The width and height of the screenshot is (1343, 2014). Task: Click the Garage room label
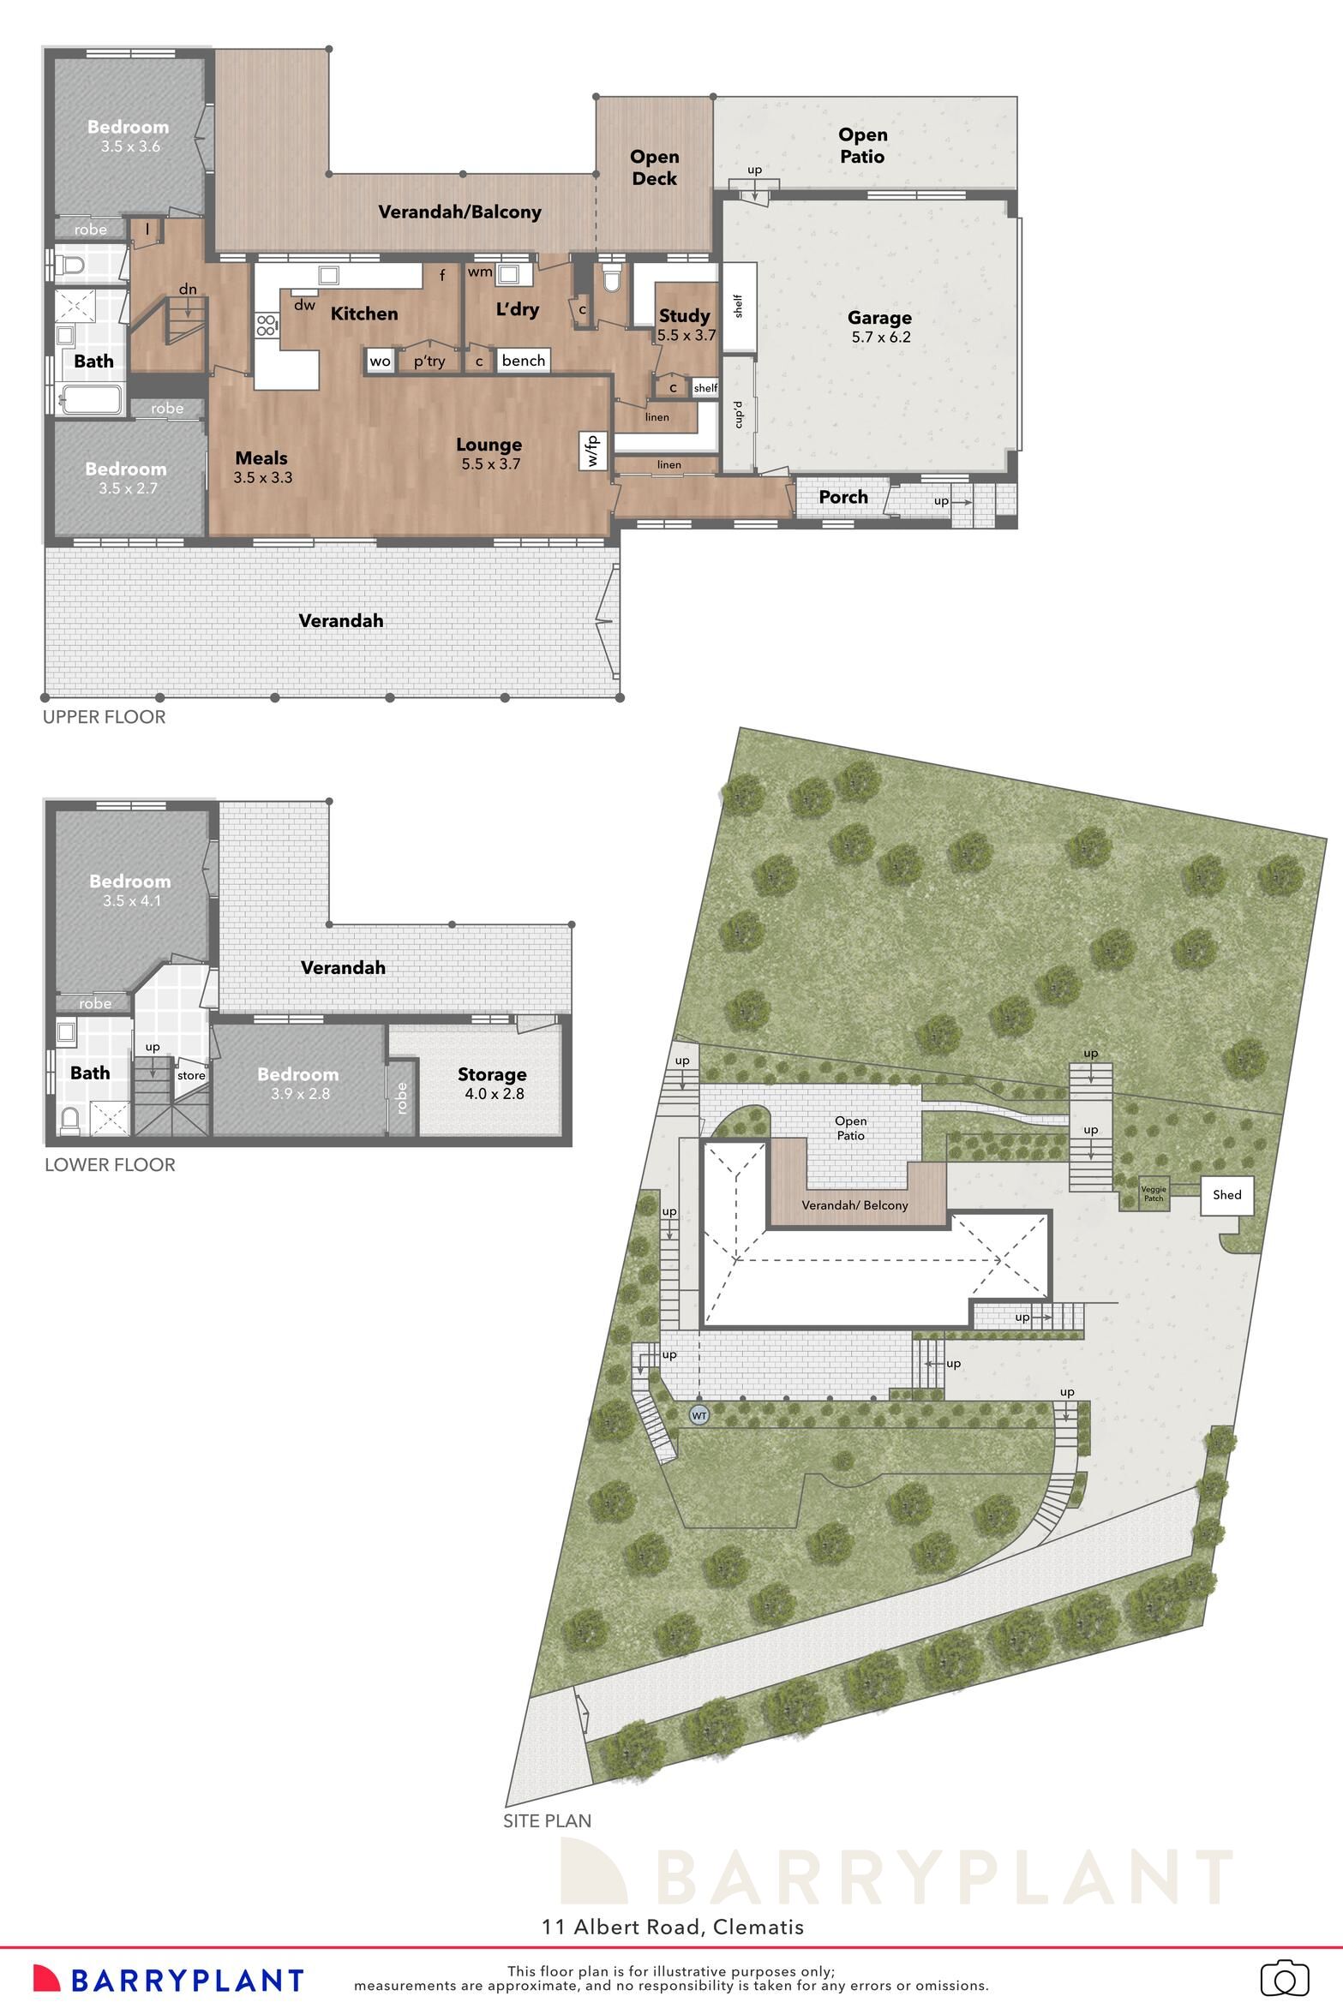point(879,318)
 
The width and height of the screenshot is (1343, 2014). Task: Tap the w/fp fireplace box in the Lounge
point(593,450)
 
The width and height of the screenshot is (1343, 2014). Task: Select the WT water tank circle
point(699,1415)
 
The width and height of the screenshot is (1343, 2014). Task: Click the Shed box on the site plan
point(1226,1194)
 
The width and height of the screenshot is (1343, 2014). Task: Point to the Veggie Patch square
point(1154,1192)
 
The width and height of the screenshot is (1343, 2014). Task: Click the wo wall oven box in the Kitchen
point(380,361)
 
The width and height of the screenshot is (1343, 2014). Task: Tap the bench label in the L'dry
point(523,361)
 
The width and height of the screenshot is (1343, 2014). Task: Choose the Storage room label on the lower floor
point(491,1074)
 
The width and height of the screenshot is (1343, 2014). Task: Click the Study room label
point(684,316)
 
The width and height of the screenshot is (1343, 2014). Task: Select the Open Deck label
point(654,168)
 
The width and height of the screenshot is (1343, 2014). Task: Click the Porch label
point(842,498)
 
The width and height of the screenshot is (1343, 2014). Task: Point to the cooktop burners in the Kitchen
point(266,326)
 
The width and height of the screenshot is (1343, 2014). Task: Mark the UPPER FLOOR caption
point(104,717)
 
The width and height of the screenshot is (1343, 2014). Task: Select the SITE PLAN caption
point(547,1820)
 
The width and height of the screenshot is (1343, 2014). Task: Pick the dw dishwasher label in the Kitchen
point(304,304)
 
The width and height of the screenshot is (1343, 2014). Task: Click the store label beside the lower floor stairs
point(191,1076)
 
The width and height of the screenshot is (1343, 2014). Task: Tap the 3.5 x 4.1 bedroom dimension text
point(130,900)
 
